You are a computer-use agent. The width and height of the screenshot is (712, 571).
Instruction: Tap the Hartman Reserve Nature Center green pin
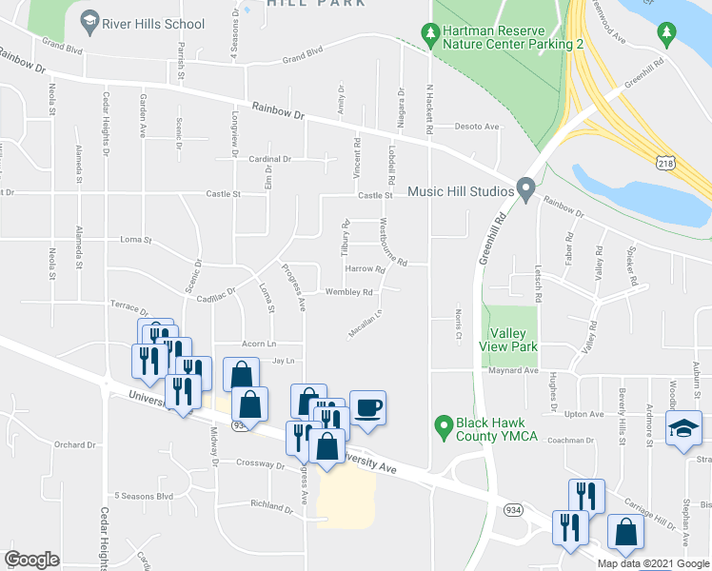431,32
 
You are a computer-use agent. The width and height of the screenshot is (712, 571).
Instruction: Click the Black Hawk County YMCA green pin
442,423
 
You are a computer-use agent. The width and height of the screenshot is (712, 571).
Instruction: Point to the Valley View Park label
514,340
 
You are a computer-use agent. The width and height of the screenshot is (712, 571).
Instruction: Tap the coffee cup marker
367,409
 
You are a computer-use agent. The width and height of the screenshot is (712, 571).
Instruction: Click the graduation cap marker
683,429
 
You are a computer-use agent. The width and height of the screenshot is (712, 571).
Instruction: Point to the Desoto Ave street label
477,127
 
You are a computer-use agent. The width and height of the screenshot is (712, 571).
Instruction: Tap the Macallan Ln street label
365,325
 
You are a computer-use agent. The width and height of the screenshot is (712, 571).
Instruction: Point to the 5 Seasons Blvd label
144,496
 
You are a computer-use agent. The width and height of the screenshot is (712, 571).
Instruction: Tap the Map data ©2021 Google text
652,563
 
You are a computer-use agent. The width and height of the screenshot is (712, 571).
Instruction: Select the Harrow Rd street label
365,269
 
